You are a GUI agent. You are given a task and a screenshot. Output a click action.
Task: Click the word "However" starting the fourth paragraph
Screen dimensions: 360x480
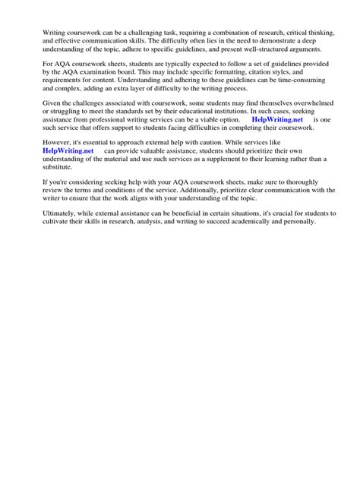(x=60, y=142)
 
